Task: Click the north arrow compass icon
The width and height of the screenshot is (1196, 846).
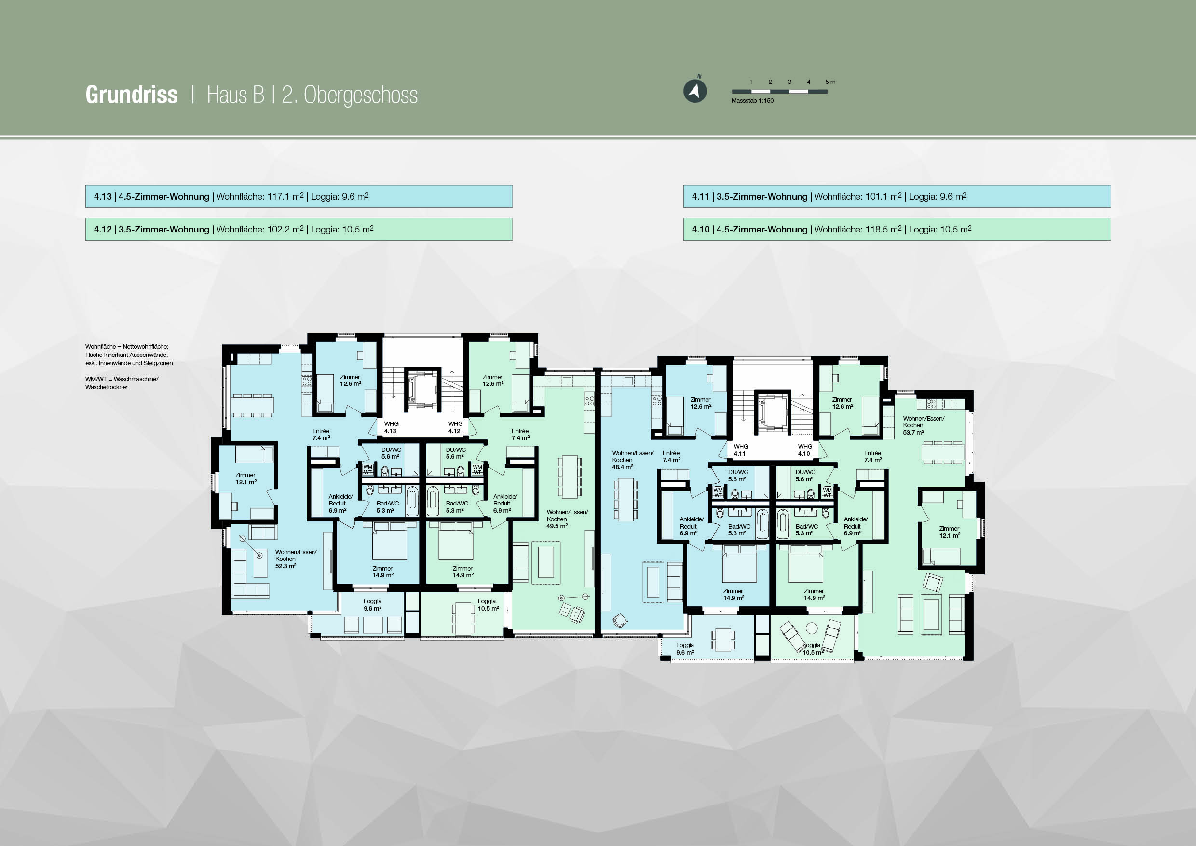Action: coord(695,91)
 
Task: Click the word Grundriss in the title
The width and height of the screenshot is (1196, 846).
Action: coord(132,95)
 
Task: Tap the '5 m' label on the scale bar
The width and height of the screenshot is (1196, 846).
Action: coord(830,82)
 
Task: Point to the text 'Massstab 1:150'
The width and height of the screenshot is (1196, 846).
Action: coord(752,100)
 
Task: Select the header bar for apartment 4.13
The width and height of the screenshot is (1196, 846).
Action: coord(299,196)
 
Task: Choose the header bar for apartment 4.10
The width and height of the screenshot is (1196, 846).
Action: coord(897,229)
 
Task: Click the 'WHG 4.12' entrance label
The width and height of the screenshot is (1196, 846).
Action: coord(455,428)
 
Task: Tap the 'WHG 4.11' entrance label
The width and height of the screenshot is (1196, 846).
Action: coord(740,450)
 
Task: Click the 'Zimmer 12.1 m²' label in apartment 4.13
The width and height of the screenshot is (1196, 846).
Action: coord(245,478)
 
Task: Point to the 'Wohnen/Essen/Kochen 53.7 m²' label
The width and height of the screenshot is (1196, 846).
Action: coord(923,425)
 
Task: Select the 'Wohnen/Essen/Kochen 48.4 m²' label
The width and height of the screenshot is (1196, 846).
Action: coord(632,460)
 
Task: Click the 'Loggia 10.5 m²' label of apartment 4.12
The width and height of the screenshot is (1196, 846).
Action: coord(488,605)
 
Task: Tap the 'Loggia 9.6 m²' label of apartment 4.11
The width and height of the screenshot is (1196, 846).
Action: coord(685,649)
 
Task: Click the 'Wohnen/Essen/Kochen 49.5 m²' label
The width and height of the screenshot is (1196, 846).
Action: coord(567,519)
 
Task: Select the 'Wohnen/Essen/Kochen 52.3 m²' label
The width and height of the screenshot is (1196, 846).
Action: coord(295,559)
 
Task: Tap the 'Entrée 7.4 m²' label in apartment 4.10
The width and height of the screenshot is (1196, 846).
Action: coord(872,456)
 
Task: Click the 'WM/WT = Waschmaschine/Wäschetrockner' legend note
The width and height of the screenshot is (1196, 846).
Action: coord(122,383)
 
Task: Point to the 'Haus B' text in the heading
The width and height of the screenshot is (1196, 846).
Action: coord(235,95)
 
